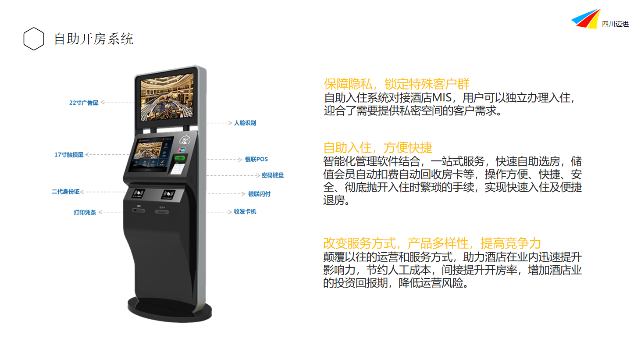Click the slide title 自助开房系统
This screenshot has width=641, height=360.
coord(93,39)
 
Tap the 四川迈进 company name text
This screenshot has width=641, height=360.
coord(615,24)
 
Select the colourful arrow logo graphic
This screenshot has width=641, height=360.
coord(585,18)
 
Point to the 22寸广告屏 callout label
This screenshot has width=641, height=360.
coord(84,103)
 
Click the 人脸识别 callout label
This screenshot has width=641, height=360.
coord(245,123)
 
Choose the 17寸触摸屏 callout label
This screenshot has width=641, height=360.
coord(69,155)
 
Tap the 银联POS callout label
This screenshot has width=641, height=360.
coord(256,159)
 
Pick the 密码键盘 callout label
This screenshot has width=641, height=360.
coord(273,175)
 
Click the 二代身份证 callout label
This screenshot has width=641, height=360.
coord(65,192)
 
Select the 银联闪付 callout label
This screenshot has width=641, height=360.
coord(259,194)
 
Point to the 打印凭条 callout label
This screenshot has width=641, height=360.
coord(85,212)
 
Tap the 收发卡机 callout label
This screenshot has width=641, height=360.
coord(245,211)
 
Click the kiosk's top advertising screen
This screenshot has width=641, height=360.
coord(167,97)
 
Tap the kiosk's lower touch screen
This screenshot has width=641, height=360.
coord(151,154)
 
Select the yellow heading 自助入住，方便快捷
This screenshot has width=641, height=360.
coord(377,148)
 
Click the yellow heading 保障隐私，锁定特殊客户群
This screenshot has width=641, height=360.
coord(397,84)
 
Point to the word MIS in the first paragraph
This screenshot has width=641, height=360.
coord(442,98)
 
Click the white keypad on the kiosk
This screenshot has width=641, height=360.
coord(178,168)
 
